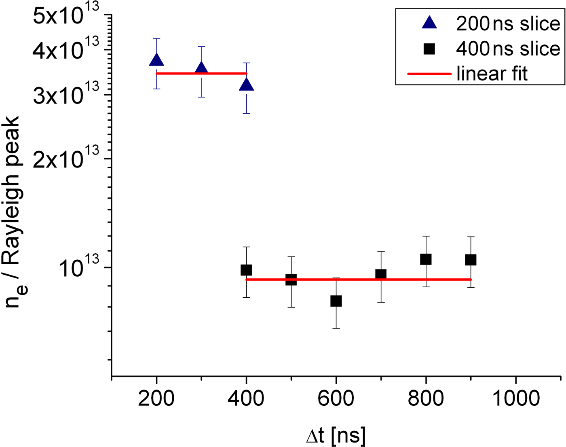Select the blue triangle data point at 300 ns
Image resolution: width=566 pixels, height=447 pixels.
point(201,69)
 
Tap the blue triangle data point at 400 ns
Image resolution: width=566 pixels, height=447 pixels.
point(246,85)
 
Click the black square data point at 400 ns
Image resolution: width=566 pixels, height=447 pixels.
point(246,270)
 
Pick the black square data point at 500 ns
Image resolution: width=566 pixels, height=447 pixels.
point(291,280)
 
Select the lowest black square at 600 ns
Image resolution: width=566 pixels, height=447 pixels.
point(336,301)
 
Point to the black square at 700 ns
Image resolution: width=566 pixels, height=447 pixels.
point(381,275)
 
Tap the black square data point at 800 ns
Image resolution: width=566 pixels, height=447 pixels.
point(426,259)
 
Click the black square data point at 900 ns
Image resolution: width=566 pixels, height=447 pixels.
point(471,260)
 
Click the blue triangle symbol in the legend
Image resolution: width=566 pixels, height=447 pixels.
point(429,23)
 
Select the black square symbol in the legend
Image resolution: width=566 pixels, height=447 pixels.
point(429,49)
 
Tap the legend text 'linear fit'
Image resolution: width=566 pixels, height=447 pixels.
point(492,74)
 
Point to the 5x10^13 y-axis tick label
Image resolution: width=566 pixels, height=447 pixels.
point(66,16)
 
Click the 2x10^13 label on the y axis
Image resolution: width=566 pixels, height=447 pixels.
point(66,159)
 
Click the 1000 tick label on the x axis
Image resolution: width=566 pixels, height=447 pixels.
point(516,398)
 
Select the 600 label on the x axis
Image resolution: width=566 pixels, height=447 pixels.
point(336,398)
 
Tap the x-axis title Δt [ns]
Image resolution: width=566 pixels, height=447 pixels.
point(336,436)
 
